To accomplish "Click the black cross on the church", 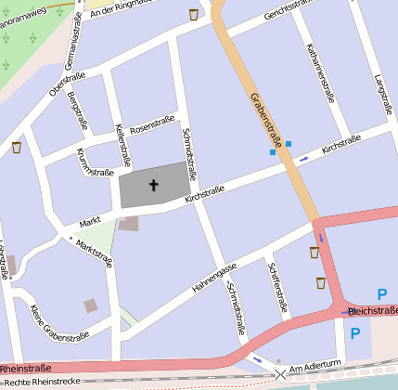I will (x=153, y=186).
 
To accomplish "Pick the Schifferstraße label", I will (x=279, y=287).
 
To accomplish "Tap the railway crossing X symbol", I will (x=280, y=373).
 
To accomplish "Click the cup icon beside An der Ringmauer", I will (x=193, y=14).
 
